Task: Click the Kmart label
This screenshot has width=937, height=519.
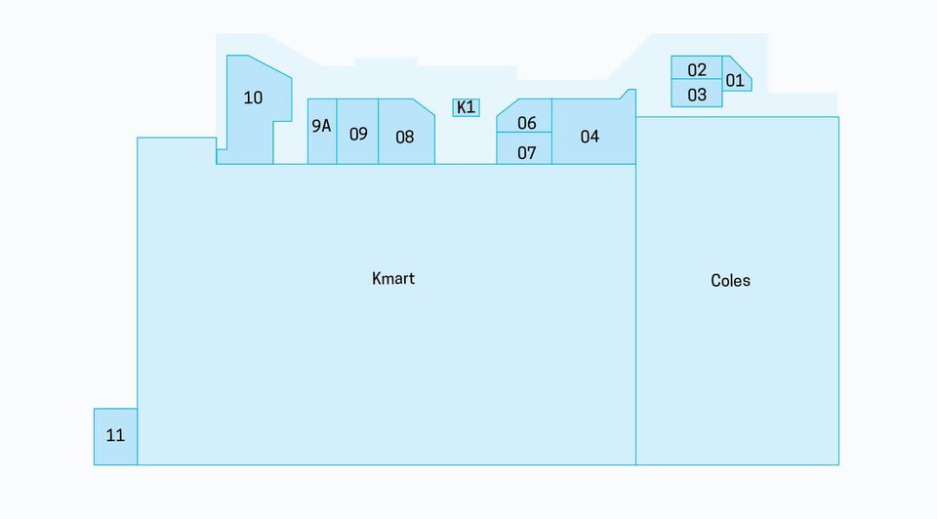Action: (x=393, y=278)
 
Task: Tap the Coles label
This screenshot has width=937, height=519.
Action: (x=730, y=281)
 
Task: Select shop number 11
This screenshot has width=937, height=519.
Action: (x=115, y=437)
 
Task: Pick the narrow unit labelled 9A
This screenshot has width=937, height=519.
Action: (x=322, y=132)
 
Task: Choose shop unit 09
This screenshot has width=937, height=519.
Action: (x=357, y=132)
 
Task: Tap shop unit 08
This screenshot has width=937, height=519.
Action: (x=406, y=132)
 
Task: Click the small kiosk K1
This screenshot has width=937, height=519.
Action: (x=467, y=107)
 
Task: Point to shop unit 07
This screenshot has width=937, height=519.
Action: (x=524, y=148)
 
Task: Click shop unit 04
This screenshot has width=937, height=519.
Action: (x=593, y=132)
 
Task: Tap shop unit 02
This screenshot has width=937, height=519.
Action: (x=697, y=67)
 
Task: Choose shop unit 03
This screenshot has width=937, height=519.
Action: (x=697, y=94)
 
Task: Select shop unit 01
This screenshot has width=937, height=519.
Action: (x=735, y=76)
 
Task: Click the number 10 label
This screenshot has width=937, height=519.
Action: (x=253, y=98)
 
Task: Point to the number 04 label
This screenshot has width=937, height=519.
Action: (x=590, y=137)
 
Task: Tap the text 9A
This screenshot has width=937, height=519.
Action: (x=321, y=126)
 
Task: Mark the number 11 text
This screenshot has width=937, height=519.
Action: (x=115, y=435)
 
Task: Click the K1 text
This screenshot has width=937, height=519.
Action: (x=467, y=107)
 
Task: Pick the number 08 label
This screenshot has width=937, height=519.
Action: (x=404, y=138)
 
